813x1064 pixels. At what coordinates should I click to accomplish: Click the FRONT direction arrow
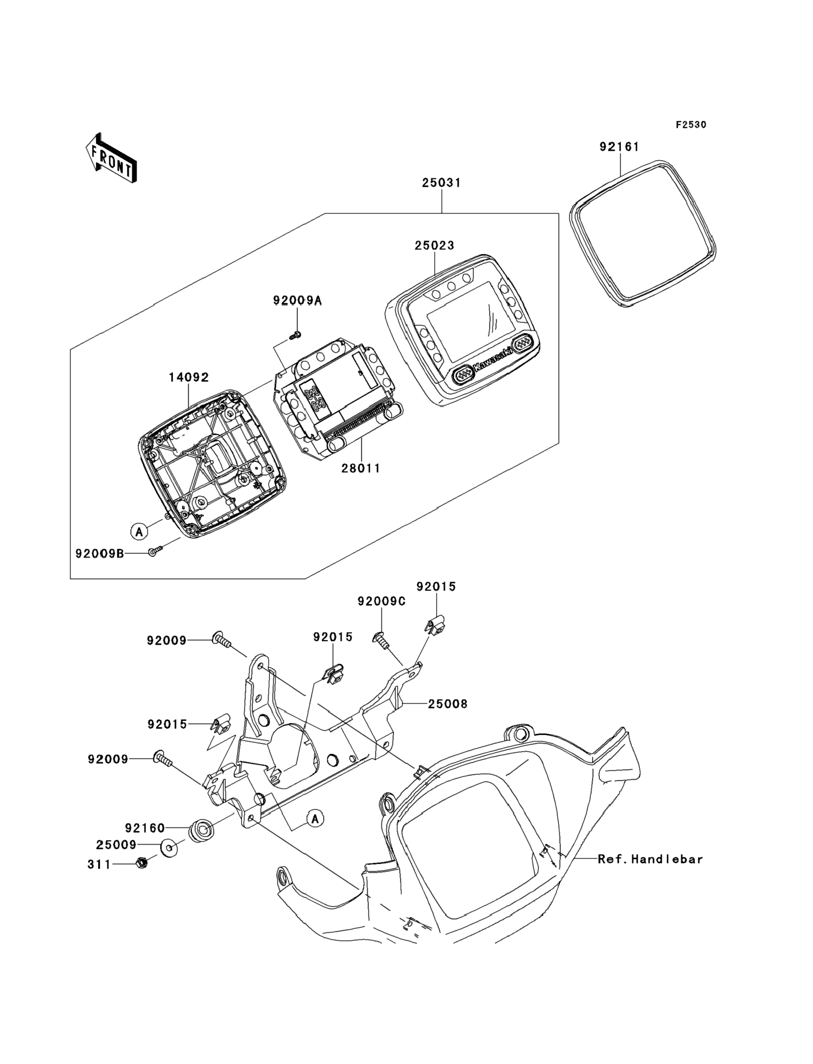point(111,158)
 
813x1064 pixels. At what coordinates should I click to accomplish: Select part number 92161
point(619,147)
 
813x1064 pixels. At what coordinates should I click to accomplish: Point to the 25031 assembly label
point(441,183)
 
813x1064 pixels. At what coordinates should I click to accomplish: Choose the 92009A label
point(297,300)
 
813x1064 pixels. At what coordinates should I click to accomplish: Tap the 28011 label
point(360,468)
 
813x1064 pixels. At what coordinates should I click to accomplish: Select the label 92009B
point(100,553)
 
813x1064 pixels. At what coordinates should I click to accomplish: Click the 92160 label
point(145,828)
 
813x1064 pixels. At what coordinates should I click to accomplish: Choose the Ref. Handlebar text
point(650,859)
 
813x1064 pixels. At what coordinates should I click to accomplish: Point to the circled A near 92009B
point(139,532)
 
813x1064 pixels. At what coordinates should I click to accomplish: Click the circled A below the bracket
point(315,819)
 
